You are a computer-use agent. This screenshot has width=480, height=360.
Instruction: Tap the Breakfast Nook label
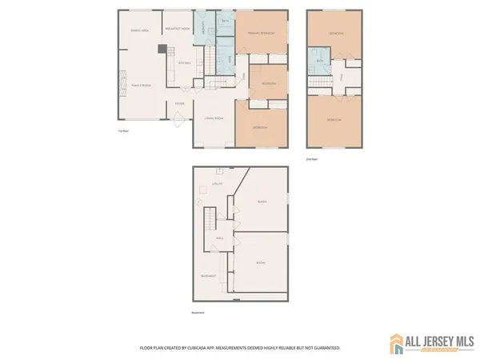(x=177, y=29)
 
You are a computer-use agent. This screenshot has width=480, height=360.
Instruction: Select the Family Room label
(x=142, y=85)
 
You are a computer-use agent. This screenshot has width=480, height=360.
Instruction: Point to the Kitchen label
(x=184, y=62)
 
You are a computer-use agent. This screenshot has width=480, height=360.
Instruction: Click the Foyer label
(x=181, y=103)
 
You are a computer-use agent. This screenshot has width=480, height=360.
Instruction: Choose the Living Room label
(x=214, y=118)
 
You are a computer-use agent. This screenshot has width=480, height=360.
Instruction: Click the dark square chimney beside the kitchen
(x=162, y=49)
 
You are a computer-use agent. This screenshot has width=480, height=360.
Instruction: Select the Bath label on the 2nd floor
(x=319, y=60)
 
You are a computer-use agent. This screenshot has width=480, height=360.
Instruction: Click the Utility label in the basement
(x=216, y=184)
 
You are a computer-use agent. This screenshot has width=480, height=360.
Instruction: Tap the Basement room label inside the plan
(x=208, y=276)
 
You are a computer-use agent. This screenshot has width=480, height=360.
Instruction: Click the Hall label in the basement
(x=219, y=238)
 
